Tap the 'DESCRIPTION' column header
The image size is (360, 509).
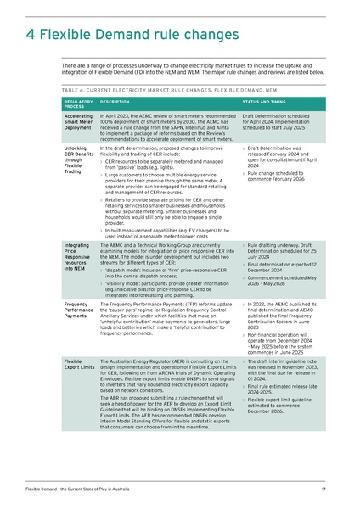point(116,100)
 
